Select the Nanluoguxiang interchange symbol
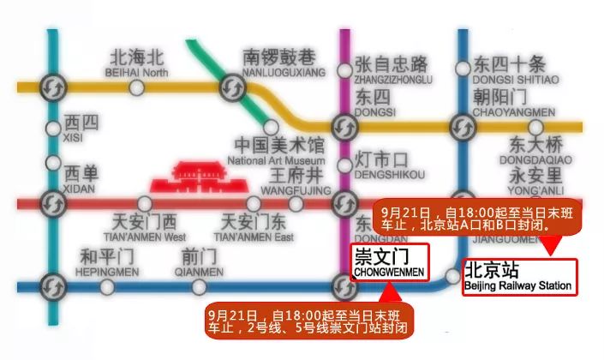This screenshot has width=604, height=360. [x=232, y=87]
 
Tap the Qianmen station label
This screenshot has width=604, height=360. [x=202, y=261]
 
